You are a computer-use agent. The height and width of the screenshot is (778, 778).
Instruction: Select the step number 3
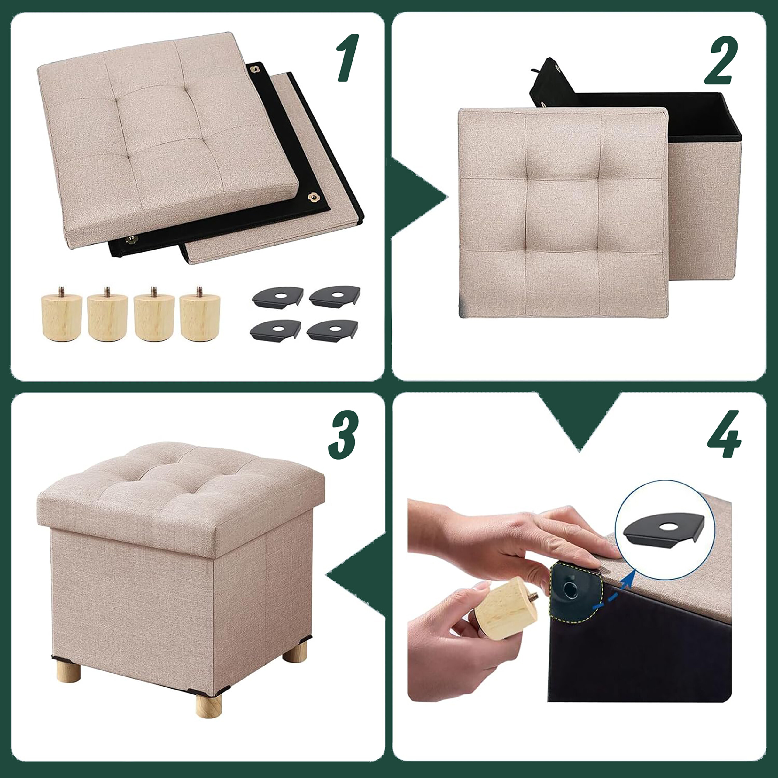point(343,435)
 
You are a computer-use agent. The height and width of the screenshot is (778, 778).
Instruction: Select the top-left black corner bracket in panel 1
point(278,297)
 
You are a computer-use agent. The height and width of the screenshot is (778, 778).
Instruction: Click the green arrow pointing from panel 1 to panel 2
point(419,197)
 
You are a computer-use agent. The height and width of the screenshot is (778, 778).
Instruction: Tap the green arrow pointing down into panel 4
point(580,421)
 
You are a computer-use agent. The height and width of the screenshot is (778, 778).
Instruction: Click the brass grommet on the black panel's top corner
point(254,69)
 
